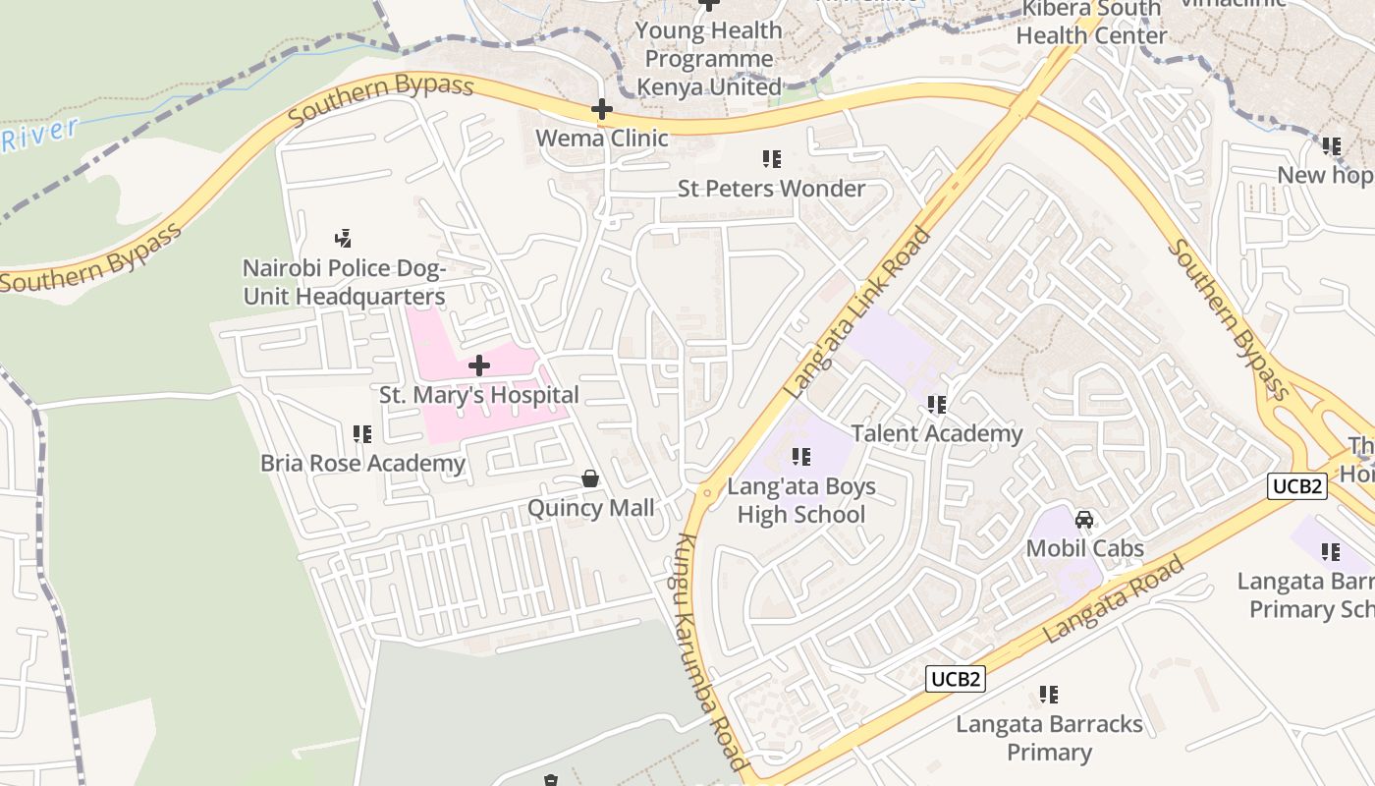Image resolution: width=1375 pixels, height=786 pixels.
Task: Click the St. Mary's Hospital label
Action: coord(479,395)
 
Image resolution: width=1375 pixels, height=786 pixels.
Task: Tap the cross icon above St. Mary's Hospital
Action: coord(479,366)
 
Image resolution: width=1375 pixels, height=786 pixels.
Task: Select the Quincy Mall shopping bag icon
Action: coord(590,478)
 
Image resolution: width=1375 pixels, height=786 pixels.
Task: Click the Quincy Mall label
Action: coord(590,508)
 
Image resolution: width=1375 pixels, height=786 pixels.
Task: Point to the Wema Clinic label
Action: coord(602,138)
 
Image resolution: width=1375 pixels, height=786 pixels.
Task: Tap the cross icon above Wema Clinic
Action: coord(602,109)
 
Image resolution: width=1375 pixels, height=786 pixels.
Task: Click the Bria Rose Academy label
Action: coord(362,463)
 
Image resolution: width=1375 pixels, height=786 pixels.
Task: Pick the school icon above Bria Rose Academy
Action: coord(362,433)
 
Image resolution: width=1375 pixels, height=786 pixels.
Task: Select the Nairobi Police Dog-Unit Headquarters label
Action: coord(344,282)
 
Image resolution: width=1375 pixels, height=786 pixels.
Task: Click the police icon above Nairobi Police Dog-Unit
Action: coord(343,237)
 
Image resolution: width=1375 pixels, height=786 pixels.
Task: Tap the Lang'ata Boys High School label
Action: coord(801,500)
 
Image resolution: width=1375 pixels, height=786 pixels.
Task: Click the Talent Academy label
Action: coord(937,433)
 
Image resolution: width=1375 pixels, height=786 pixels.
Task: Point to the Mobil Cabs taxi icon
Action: coord(1085,519)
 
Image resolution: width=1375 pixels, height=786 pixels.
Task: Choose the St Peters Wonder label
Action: coord(772,188)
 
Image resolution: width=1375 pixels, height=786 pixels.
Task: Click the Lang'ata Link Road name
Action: coord(857,313)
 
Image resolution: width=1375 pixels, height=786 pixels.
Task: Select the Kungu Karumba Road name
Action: coord(712,653)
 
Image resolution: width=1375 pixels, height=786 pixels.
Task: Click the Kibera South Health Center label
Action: coord(1091,22)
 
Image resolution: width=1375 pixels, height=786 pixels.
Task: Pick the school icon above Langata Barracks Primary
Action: coord(1049,695)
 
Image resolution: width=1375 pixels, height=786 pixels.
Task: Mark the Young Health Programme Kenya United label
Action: coord(709,58)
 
